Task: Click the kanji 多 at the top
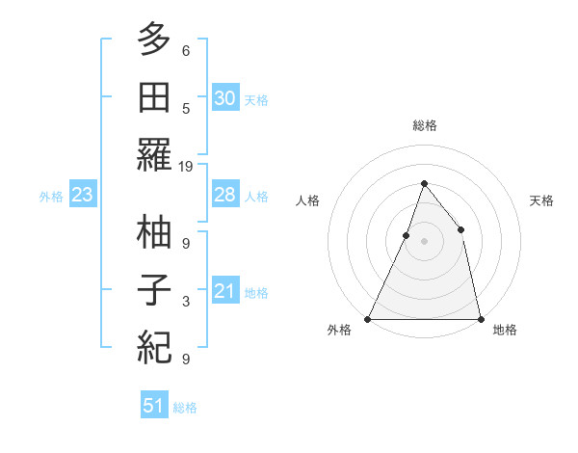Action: click(155, 40)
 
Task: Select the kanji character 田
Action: click(155, 97)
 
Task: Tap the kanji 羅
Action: click(155, 157)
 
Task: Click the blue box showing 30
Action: click(224, 98)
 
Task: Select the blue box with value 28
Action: click(224, 196)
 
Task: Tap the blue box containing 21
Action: click(224, 291)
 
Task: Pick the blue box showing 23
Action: click(82, 196)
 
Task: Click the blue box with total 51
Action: click(154, 406)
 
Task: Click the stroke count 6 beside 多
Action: click(186, 50)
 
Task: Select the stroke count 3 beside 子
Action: click(186, 302)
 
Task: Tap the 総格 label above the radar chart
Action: click(424, 126)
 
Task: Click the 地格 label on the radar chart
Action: click(505, 331)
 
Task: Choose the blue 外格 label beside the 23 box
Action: click(51, 197)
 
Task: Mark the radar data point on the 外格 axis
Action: click(368, 319)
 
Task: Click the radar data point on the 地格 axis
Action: click(480, 319)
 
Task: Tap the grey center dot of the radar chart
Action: click(424, 241)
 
